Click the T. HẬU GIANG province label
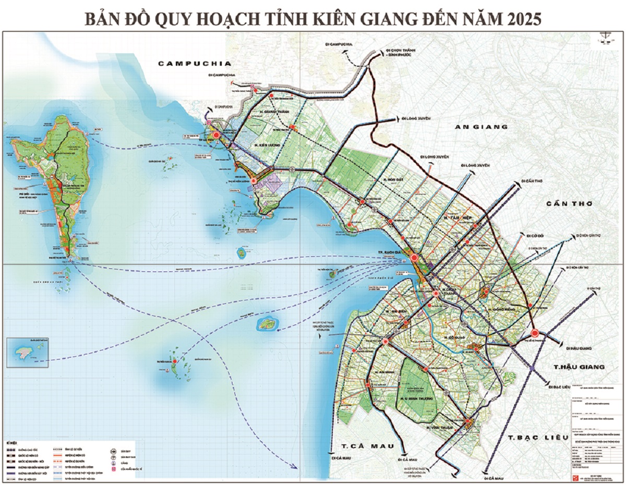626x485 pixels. click(x=579, y=367)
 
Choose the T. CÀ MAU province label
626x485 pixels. click(x=363, y=446)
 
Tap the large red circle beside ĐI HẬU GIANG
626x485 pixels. click(x=535, y=333)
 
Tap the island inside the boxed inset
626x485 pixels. click(x=25, y=352)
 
